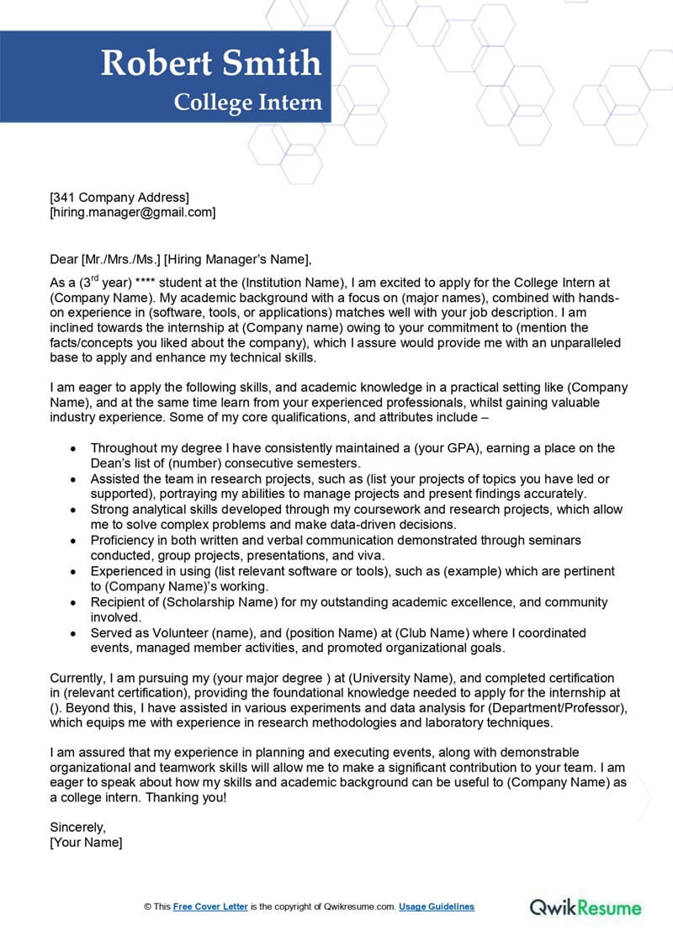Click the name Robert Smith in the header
[211, 63]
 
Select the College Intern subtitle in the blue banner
[247, 103]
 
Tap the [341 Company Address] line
[119, 198]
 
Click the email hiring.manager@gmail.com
[133, 213]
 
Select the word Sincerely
[77, 828]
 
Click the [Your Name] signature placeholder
[86, 843]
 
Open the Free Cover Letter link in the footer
[210, 907]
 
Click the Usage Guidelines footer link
[436, 907]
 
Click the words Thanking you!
[185, 797]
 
